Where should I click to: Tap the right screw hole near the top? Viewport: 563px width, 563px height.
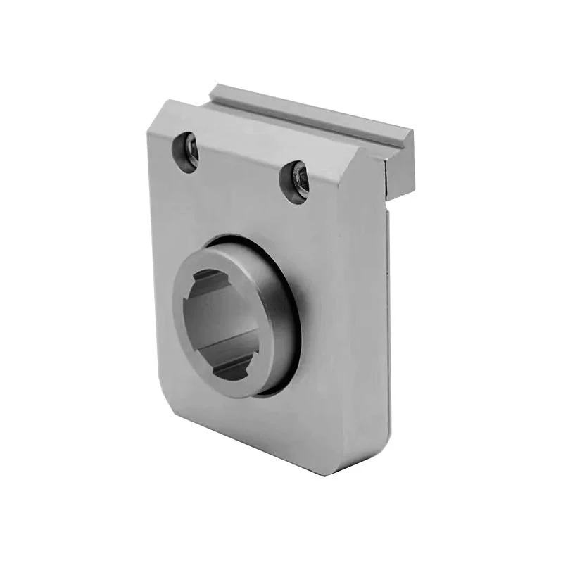(x=295, y=182)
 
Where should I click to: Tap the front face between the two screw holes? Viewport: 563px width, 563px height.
(x=239, y=172)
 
